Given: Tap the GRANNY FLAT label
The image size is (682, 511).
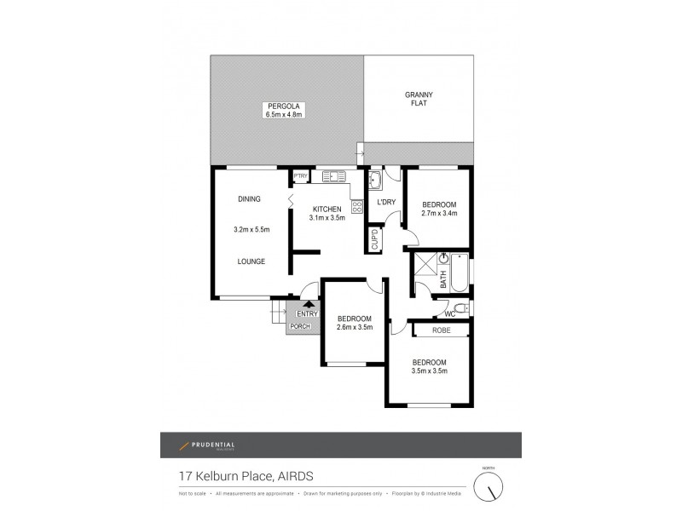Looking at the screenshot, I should (418, 98).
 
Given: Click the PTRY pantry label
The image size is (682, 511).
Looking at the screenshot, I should (300, 176).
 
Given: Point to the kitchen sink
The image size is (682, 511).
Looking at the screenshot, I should (332, 176).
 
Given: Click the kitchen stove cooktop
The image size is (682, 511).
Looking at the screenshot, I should (355, 205).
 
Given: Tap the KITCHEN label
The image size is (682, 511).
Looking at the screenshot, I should (327, 209).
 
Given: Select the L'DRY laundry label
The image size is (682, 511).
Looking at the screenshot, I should (385, 202).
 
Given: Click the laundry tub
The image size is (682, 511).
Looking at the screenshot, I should (375, 181).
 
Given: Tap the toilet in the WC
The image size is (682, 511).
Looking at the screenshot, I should (459, 307).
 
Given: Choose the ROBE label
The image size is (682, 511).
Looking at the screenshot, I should (440, 329).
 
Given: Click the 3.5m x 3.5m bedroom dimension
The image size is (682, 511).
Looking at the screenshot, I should (429, 370).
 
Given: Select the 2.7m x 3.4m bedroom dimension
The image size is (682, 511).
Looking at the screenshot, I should (440, 214).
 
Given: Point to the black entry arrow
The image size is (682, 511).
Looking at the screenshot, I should (308, 303).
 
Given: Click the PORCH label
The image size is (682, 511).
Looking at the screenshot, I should (300, 326).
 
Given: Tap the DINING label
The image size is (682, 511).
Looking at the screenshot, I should (250, 198).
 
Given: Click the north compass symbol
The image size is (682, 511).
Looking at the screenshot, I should (489, 487).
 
